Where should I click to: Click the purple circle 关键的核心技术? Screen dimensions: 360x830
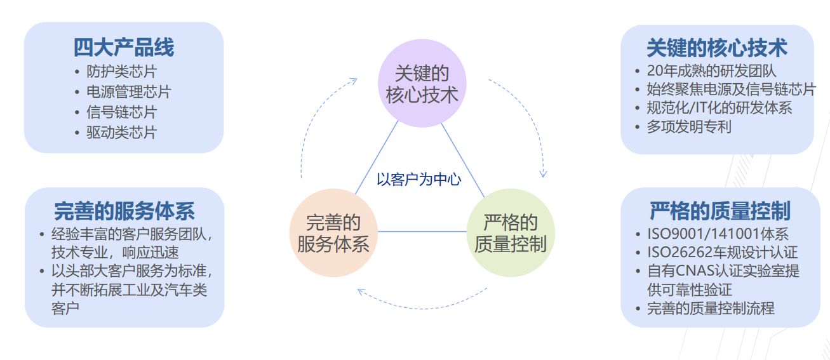(x=422, y=84)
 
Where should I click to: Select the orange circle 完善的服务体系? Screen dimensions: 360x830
(x=333, y=232)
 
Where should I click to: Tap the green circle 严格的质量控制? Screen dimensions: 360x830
(x=510, y=232)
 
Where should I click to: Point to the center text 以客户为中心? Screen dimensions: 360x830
(x=419, y=180)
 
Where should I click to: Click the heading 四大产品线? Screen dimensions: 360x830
(x=123, y=47)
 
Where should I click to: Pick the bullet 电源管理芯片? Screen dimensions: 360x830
(x=129, y=91)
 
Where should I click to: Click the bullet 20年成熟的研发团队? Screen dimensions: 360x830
(x=711, y=71)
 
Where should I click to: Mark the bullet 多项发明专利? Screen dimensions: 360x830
(x=689, y=126)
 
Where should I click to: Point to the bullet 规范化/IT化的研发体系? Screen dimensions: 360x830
(x=720, y=107)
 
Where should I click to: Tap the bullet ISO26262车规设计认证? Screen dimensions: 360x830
(x=722, y=253)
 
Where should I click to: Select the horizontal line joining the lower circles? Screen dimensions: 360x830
(x=422, y=231)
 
